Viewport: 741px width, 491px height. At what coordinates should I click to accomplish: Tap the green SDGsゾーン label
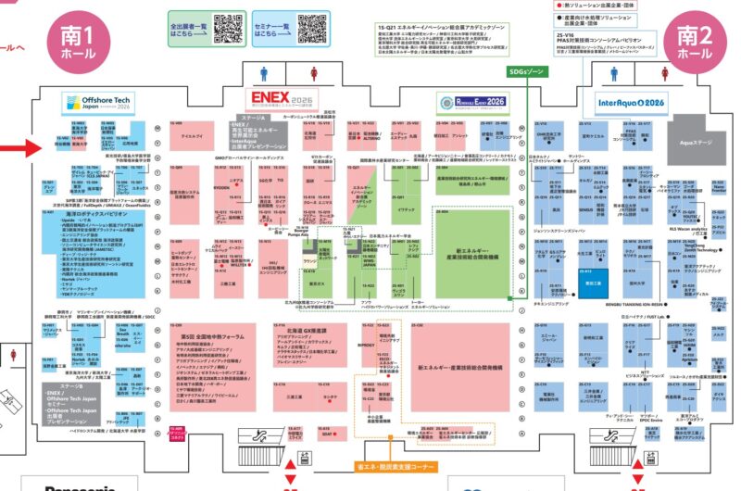(529, 70)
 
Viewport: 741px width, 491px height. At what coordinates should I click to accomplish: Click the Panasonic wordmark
(83, 485)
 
